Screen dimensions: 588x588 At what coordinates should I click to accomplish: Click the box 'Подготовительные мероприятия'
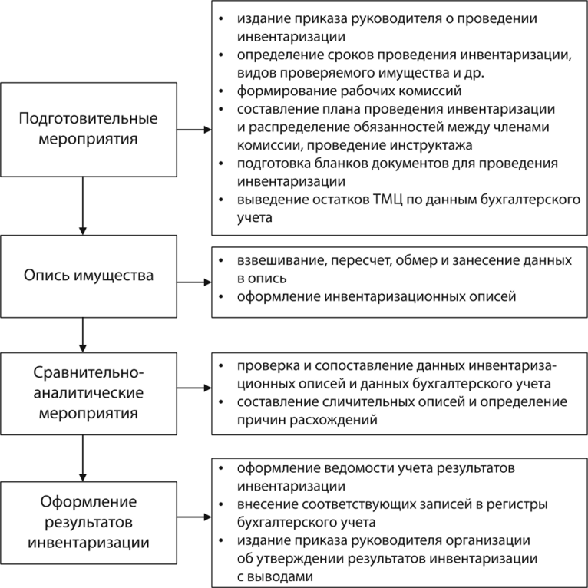click(x=88, y=130)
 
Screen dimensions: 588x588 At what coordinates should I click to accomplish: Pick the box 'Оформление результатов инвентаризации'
click(x=88, y=521)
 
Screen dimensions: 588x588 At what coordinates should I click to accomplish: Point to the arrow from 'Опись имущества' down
click(x=82, y=332)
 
